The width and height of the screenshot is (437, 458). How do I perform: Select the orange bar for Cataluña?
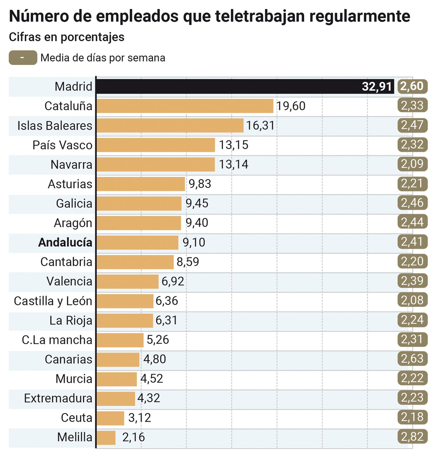[x=185, y=106]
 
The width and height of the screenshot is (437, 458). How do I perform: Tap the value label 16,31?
[x=260, y=125]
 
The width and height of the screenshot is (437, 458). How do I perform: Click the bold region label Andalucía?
[x=65, y=243]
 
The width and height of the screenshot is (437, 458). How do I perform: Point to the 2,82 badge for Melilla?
[x=412, y=437]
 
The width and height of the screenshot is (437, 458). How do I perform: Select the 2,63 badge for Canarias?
[x=412, y=359]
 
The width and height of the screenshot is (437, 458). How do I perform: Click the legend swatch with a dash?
[x=23, y=58]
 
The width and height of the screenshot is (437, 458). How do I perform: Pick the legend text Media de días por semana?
[x=103, y=58]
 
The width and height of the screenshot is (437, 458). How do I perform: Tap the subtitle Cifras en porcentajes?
[x=67, y=37]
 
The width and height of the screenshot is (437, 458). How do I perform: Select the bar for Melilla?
[x=106, y=438]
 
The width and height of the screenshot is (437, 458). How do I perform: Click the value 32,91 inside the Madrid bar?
[x=377, y=87]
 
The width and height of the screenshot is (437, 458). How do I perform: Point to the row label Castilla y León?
[x=53, y=301]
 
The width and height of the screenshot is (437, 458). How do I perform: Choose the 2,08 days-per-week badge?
[x=412, y=300]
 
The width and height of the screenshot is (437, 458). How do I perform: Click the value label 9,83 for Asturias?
[x=200, y=184]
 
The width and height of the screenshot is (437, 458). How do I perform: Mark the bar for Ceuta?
[x=111, y=418]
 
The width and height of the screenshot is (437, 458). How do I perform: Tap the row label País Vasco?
[x=62, y=145]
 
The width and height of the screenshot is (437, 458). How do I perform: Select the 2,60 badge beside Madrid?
[x=412, y=86]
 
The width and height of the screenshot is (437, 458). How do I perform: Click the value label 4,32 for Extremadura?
[x=149, y=398]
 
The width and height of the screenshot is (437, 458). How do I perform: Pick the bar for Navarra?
[x=156, y=164]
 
